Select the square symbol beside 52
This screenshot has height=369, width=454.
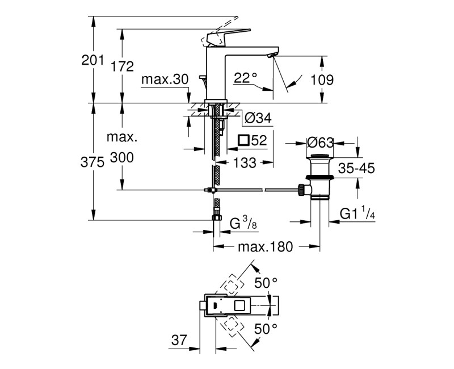pos(243,140)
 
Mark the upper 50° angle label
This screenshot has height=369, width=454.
pos(267,283)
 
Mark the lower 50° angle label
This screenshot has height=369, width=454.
pos(267,328)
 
